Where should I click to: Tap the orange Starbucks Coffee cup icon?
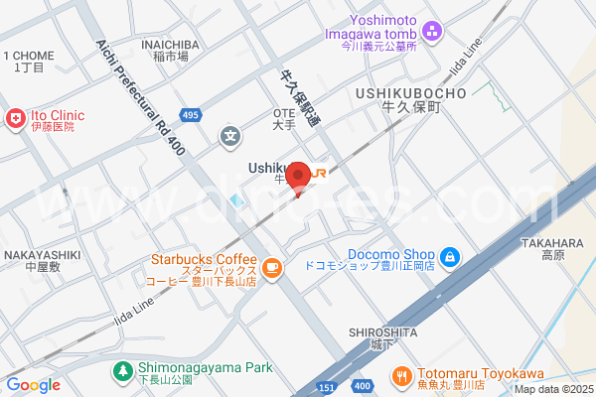point(271,267)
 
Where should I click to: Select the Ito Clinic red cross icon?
point(15,119)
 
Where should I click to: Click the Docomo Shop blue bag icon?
point(450,257)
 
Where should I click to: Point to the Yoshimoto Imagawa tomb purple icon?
point(430,30)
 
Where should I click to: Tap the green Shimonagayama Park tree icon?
point(122,370)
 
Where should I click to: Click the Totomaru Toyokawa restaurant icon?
point(402,376)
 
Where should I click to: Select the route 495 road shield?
point(192,116)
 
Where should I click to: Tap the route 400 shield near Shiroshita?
point(363,385)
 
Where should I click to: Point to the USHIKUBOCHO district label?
point(409,93)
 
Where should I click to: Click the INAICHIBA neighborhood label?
point(170,45)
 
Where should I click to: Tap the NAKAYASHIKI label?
point(41,255)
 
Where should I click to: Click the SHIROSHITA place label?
point(381,331)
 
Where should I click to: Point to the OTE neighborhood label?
point(284,113)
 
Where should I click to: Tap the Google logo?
point(33,385)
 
